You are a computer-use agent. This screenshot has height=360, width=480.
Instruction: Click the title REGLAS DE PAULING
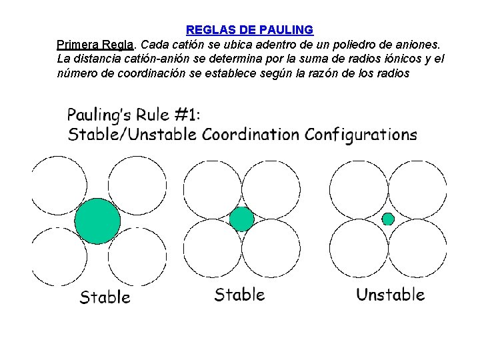249,30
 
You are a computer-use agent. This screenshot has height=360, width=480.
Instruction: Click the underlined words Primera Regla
95,45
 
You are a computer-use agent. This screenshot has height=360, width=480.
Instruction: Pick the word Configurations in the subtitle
361,135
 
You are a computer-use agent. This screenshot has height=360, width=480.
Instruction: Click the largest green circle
98,221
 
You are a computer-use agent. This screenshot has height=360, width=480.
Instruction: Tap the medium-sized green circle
241,219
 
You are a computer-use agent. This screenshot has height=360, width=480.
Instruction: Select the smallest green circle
388,219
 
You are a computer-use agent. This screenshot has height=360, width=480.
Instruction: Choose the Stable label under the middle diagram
239,294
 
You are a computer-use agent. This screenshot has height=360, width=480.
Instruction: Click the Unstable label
390,294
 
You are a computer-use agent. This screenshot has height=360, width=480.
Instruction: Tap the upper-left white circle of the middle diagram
212,189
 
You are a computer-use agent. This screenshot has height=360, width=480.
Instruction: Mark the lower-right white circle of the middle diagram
271,248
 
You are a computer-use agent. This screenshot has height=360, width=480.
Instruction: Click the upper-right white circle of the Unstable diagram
417,189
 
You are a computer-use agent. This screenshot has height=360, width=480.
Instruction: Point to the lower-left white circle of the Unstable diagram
359,248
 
